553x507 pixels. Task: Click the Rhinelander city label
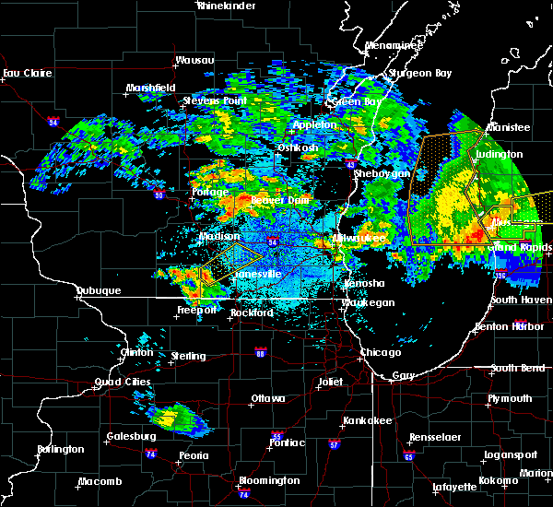tap(227, 6)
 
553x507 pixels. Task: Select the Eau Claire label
tap(24, 73)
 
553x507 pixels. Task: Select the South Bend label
tap(517, 368)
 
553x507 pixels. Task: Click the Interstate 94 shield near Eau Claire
tap(53, 119)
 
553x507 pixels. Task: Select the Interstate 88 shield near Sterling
tap(261, 352)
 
